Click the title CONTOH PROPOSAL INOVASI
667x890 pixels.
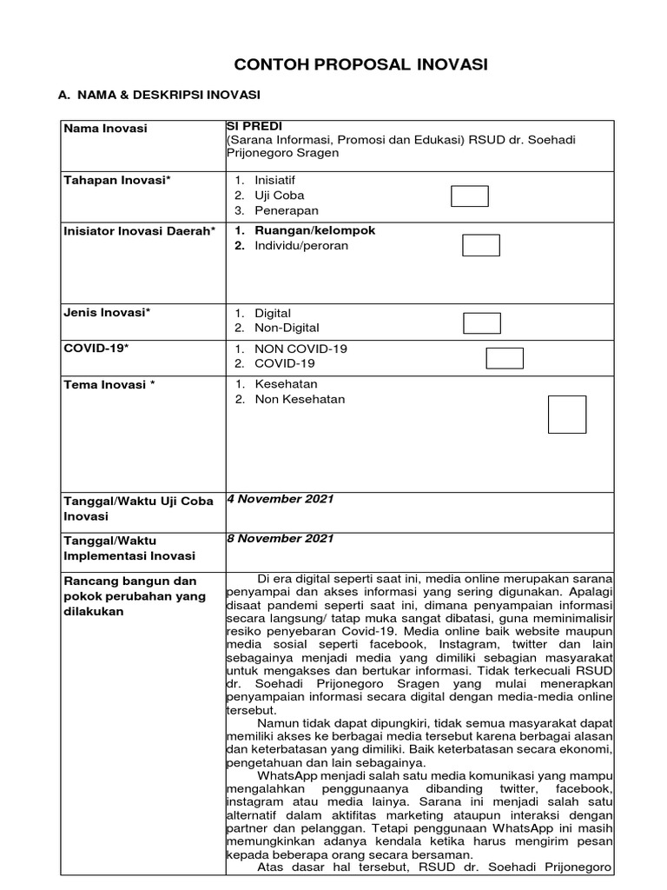(361, 64)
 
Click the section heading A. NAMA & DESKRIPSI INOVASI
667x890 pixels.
(162, 94)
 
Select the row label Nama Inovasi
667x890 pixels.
(105, 129)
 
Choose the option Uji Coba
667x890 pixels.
(279, 196)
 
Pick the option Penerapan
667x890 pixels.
(287, 210)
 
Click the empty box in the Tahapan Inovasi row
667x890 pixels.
(469, 196)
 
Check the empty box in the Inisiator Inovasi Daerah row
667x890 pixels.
(480, 245)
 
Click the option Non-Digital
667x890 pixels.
(287, 328)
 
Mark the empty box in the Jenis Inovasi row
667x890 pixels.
(482, 322)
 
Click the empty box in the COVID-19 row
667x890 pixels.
(504, 358)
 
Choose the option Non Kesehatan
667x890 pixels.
(300, 399)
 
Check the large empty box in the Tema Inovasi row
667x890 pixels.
(566, 415)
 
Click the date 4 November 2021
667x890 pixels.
(280, 499)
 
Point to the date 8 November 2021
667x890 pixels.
(280, 538)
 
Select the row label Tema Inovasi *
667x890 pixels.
(109, 384)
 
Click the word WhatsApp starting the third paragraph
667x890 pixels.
(289, 774)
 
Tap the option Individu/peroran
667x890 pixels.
(301, 245)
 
